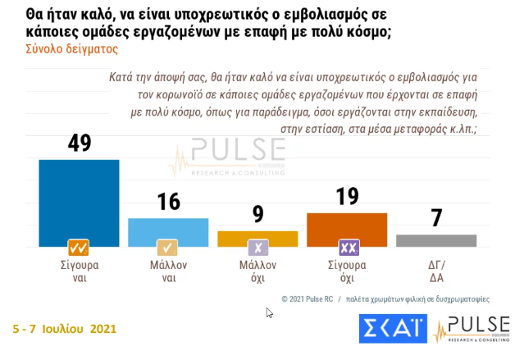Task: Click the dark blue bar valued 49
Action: [x=80, y=201]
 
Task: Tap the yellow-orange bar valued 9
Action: [x=257, y=236]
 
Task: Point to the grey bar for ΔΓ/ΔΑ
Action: [x=435, y=239]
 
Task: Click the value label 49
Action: [x=80, y=143]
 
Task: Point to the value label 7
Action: [x=435, y=218]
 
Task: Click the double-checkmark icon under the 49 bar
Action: [x=80, y=248]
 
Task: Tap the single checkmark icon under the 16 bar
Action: [x=168, y=248]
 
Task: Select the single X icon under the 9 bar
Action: [x=257, y=248]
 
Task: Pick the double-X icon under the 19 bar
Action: [x=347, y=248]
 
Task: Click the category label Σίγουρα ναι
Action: [x=80, y=271]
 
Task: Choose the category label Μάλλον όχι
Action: [x=257, y=271]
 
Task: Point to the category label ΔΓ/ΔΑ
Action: [x=435, y=271]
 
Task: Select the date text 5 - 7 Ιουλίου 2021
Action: [x=64, y=329]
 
